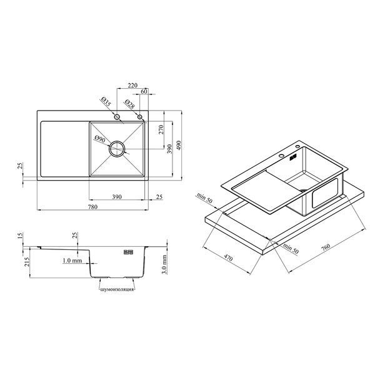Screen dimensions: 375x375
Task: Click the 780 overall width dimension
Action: click(x=92, y=207)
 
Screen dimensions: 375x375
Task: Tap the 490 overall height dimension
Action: click(x=179, y=145)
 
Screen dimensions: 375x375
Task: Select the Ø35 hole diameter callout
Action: click(x=106, y=102)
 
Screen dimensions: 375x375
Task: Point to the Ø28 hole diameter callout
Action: click(x=130, y=104)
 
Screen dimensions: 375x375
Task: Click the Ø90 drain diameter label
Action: click(x=100, y=139)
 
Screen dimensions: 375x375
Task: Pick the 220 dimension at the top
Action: click(x=132, y=85)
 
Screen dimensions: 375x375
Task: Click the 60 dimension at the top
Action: click(x=144, y=91)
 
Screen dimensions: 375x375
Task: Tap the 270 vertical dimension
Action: click(x=161, y=129)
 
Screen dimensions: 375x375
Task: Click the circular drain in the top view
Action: click(x=117, y=149)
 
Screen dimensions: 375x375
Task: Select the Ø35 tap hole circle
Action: click(x=117, y=117)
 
